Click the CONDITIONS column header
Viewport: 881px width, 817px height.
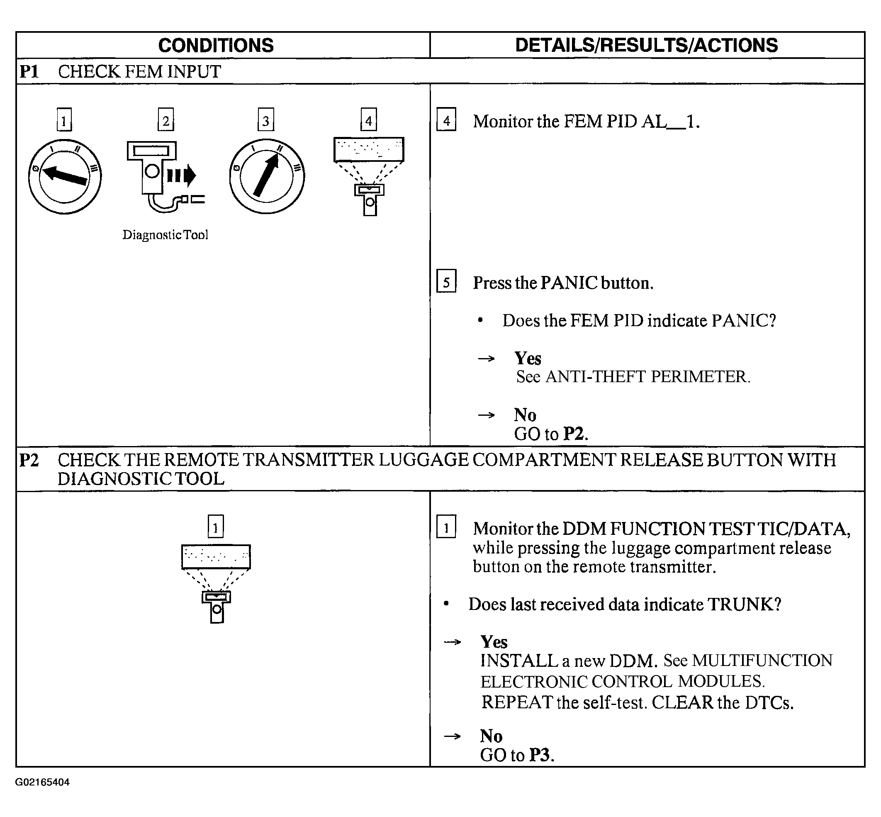tap(216, 46)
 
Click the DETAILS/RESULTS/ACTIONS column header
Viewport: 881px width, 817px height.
tap(646, 46)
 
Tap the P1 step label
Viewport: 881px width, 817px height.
tap(29, 72)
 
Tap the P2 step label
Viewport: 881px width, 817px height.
tap(29, 460)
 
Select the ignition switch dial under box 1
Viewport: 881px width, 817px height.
tap(65, 177)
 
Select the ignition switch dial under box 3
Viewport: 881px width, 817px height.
tap(267, 177)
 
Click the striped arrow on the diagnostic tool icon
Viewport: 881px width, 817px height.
tap(181, 176)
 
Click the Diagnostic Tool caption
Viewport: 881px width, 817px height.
tap(165, 235)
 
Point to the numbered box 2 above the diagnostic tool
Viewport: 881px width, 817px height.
tap(165, 120)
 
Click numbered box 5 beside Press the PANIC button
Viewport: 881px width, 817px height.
tap(446, 282)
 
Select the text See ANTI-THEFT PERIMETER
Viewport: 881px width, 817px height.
tap(633, 377)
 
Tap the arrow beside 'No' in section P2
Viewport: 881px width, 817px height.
tap(452, 737)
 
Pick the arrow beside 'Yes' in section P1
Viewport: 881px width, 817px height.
tap(486, 359)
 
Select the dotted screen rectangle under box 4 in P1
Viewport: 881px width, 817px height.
tap(368, 149)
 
